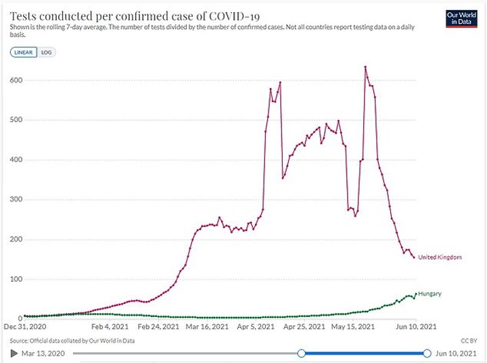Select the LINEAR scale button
pyautogui.click(x=24, y=53)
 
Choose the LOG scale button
pyautogui.click(x=46, y=53)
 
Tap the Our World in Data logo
pyautogui.click(x=462, y=18)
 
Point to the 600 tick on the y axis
pyautogui.click(x=16, y=80)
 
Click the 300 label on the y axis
pyautogui.click(x=16, y=200)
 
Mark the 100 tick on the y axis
pyautogui.click(x=16, y=279)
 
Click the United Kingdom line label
pyautogui.click(x=440, y=258)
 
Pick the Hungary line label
pyautogui.click(x=430, y=293)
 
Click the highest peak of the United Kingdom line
pyautogui.click(x=365, y=67)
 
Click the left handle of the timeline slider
pyautogui.click(x=302, y=353)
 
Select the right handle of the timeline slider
pyautogui.click(x=427, y=353)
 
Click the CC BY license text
pyautogui.click(x=468, y=340)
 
